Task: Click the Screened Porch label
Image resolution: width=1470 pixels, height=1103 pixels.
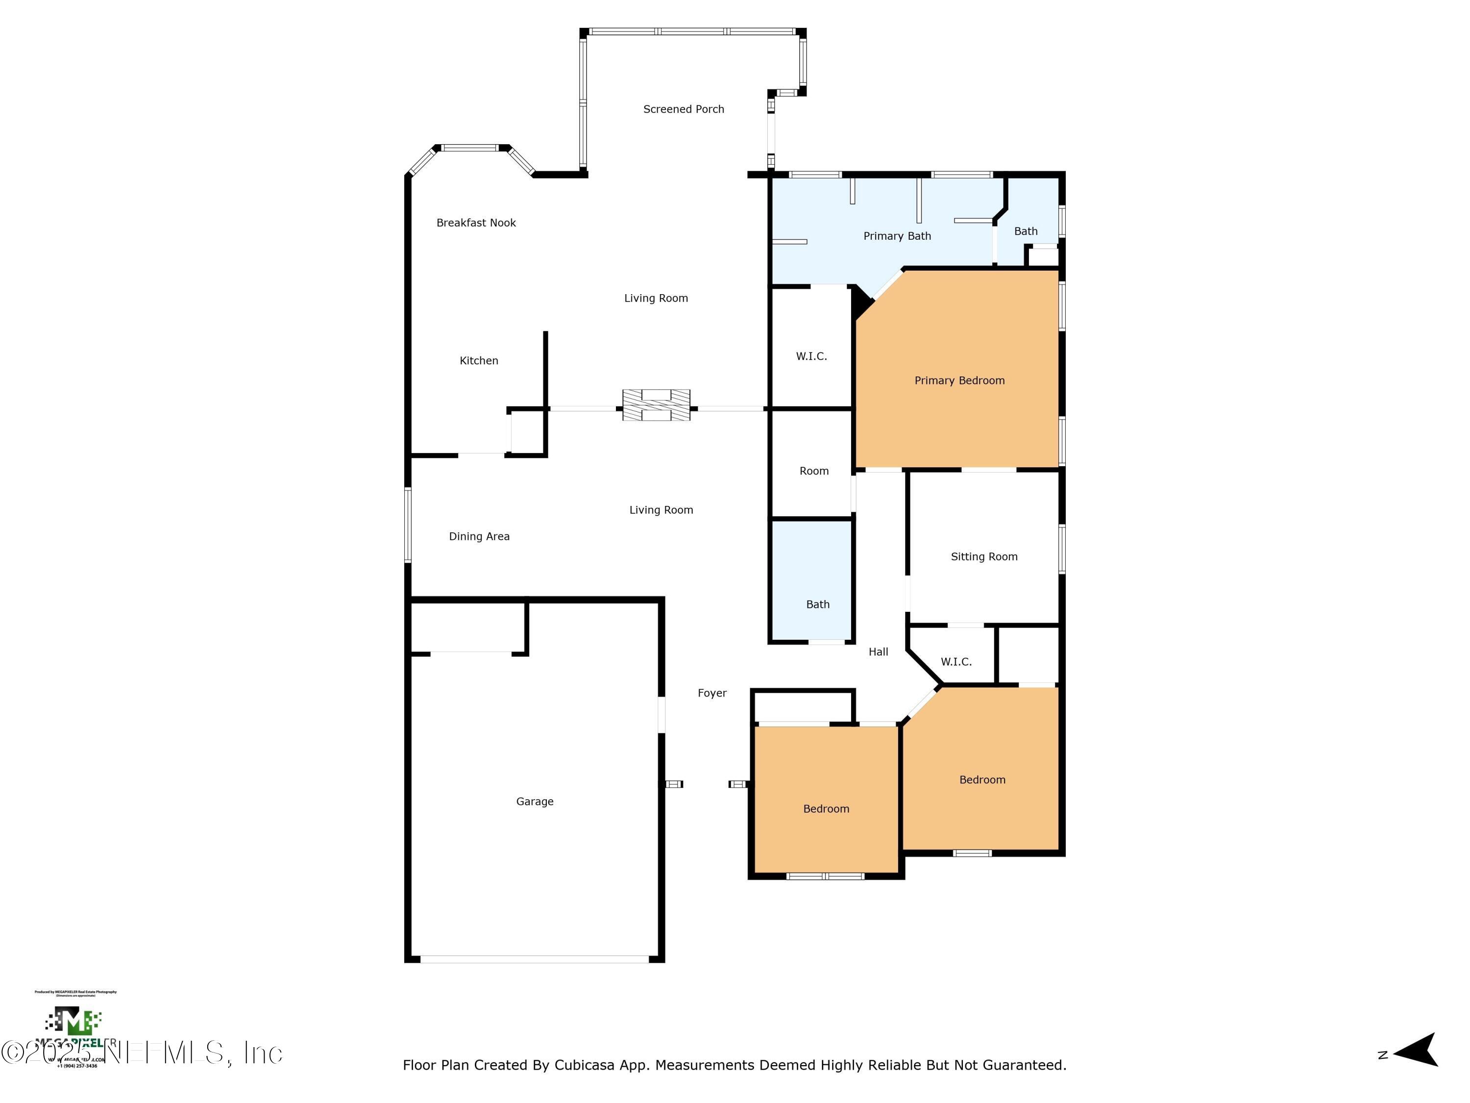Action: (683, 109)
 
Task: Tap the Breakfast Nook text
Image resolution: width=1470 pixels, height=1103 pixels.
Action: (476, 223)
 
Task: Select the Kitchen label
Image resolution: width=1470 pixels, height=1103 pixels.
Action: (478, 360)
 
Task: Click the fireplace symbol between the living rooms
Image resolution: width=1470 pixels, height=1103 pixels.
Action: (656, 405)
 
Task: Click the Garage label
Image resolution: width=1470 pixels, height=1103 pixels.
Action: (534, 801)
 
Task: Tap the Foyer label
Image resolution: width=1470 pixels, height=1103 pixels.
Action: (712, 693)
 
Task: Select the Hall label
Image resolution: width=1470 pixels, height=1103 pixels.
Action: (878, 652)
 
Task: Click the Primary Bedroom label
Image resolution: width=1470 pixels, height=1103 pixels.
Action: (959, 380)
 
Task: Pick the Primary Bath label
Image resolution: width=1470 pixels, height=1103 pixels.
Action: (897, 236)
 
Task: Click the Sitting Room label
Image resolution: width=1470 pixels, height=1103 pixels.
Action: (983, 556)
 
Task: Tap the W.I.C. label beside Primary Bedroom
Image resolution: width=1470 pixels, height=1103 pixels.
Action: (811, 356)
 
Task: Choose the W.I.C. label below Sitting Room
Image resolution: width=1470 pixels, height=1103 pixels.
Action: (955, 661)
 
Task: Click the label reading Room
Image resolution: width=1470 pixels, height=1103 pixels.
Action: (813, 471)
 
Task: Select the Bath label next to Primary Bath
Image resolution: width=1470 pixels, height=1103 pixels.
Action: (1026, 231)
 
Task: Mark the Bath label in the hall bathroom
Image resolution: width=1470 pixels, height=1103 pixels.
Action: (817, 604)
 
